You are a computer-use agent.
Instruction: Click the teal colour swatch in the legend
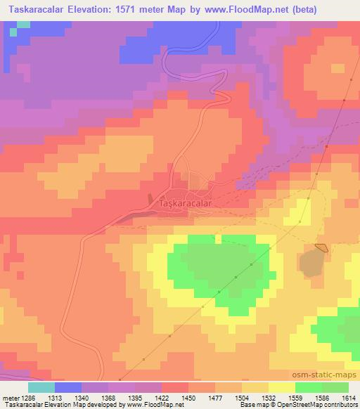point(41,387)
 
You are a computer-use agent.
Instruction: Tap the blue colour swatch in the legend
point(67,387)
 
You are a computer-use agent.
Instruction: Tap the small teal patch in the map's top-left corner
point(23,25)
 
